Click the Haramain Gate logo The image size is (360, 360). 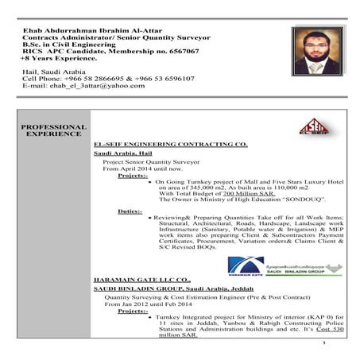click(x=246, y=266)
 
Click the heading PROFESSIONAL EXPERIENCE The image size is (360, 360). click(x=53, y=130)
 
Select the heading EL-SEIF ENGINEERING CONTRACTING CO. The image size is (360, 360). click(x=170, y=144)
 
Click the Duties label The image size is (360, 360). click(x=130, y=212)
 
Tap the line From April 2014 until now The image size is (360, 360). click(x=143, y=168)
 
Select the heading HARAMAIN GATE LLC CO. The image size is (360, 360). click(x=143, y=281)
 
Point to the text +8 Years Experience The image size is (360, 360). click(x=59, y=59)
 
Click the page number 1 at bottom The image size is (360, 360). click(x=325, y=343)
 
